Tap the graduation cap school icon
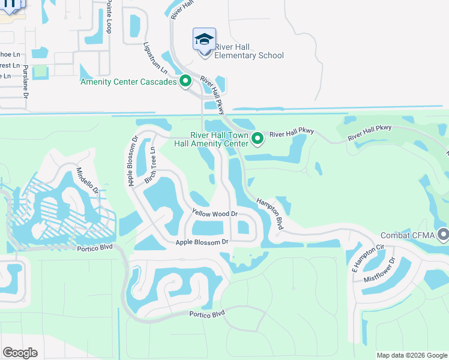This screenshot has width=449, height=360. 204,40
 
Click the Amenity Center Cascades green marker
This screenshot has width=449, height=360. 185,80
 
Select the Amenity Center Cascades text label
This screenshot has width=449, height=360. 129,82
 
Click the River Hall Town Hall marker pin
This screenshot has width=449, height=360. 258,139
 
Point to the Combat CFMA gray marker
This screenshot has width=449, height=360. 444,233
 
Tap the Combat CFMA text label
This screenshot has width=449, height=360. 409,235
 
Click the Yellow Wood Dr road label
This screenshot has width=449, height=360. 215,214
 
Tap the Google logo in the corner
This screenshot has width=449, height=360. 20,353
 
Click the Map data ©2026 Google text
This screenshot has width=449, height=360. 411,355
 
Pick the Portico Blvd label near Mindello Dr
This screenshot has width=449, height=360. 95,248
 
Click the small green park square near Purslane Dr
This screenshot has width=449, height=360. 40,72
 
